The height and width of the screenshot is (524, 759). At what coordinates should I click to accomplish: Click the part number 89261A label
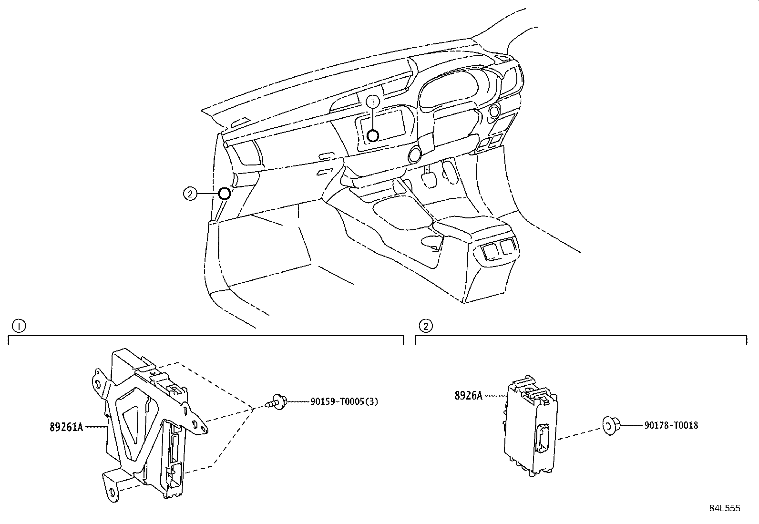[66, 427]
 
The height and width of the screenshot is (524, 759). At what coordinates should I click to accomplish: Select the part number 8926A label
[468, 395]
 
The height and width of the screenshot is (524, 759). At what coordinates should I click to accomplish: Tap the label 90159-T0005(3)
[344, 401]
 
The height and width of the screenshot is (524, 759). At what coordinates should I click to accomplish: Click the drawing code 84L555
[724, 508]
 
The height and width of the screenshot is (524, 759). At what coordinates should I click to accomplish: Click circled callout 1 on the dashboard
[373, 101]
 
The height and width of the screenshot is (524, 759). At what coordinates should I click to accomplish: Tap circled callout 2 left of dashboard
[190, 194]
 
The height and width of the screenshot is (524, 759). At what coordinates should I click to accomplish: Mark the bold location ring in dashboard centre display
[373, 136]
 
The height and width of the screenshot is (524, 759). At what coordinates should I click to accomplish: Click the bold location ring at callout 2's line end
[224, 194]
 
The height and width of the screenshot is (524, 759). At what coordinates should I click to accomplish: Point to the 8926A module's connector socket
[542, 438]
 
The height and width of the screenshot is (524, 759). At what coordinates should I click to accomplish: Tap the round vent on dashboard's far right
[493, 112]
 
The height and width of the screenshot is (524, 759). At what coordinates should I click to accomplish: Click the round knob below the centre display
[414, 154]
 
